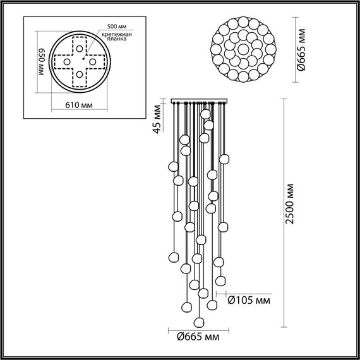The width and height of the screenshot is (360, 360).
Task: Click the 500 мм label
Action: pyautogui.click(x=117, y=27)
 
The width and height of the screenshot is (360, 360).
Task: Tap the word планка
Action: pyautogui.click(x=116, y=39)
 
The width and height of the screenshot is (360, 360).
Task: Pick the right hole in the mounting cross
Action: pyautogui.click(x=92, y=62)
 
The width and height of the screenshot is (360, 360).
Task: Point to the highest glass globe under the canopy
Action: pyautogui.click(x=205, y=114)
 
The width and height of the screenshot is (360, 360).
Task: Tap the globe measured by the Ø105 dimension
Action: pyautogui.click(x=220, y=280)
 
